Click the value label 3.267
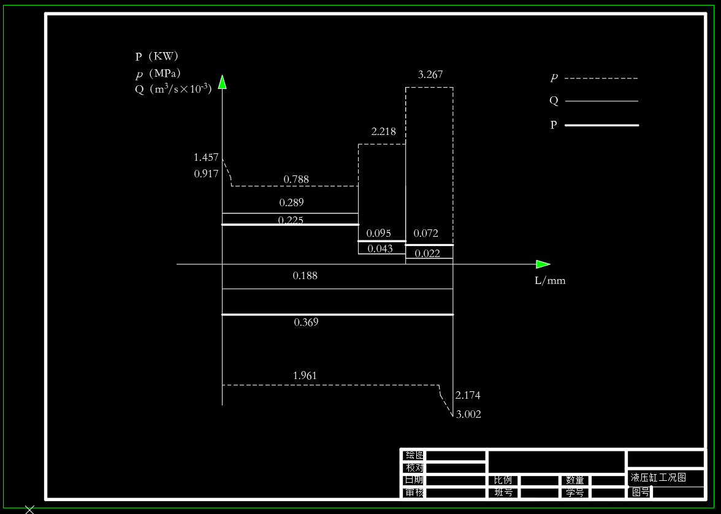[430, 75]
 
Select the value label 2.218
[383, 131]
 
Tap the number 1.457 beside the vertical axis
[206, 158]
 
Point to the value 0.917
[206, 174]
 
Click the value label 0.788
[296, 180]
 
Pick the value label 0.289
[291, 202]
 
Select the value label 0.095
[378, 233]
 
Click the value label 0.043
[380, 248]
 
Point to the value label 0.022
[427, 253]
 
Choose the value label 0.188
[305, 276]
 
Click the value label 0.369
[306, 322]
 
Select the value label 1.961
[305, 375]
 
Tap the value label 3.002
[468, 415]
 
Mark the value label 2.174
[468, 396]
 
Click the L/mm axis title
[550, 281]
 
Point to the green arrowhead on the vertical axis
[222, 82]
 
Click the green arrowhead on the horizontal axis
[543, 264]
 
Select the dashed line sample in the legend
[601, 79]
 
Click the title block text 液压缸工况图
[658, 477]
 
